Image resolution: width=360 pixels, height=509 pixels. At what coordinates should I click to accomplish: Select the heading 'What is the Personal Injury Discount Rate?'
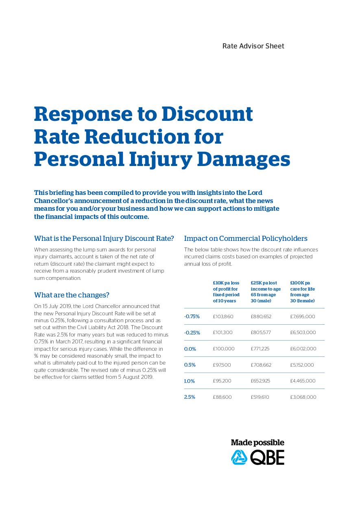tap(104, 238)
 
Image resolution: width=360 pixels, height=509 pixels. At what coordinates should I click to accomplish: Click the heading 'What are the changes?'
tap(72, 295)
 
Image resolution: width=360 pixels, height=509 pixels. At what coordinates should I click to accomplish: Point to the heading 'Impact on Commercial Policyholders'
tap(246, 238)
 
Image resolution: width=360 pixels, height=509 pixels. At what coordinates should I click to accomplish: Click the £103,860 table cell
tap(223, 317)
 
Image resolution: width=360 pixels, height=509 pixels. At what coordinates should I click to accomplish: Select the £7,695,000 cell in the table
tap(303, 317)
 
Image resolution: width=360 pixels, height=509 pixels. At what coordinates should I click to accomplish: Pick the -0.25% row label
tap(192, 332)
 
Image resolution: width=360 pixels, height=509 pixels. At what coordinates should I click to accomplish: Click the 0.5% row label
tap(190, 365)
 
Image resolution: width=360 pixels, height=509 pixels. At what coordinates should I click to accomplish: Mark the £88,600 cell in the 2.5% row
tap(222, 397)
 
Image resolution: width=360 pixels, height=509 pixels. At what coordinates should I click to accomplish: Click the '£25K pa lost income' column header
tap(266, 292)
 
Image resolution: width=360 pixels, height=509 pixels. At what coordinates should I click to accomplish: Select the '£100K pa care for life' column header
tap(302, 292)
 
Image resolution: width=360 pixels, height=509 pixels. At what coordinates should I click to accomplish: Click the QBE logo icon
tap(239, 457)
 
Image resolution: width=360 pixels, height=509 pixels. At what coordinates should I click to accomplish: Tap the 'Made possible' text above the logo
tap(257, 443)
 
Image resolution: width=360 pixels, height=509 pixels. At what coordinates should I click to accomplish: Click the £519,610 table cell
tap(260, 397)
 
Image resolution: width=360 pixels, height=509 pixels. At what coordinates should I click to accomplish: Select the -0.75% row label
tap(192, 317)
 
